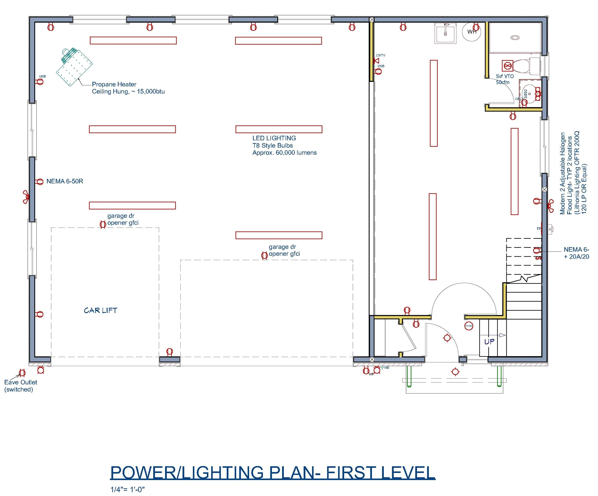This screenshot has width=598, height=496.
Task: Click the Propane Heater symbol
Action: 74,66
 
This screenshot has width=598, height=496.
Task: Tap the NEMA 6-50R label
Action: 64,181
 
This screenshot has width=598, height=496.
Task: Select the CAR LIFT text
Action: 100,310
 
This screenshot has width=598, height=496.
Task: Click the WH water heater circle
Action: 472,32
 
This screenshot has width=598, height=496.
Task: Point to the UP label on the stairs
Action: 489,342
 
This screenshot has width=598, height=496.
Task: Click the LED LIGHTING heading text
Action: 274,138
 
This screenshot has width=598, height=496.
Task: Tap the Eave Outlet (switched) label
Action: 21,386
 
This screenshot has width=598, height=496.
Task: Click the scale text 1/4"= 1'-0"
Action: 127,489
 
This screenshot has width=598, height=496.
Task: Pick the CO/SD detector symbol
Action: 468,326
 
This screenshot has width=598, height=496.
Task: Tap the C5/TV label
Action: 381,55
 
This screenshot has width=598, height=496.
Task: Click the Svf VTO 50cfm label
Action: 505,79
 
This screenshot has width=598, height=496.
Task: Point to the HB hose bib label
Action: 387,368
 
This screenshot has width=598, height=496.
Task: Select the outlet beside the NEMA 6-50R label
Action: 40,182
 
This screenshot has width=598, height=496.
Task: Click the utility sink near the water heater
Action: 445,33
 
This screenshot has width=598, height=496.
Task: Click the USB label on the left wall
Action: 42,76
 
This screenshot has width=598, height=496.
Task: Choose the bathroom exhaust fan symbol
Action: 507,66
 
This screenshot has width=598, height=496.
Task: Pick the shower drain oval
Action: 515,38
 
